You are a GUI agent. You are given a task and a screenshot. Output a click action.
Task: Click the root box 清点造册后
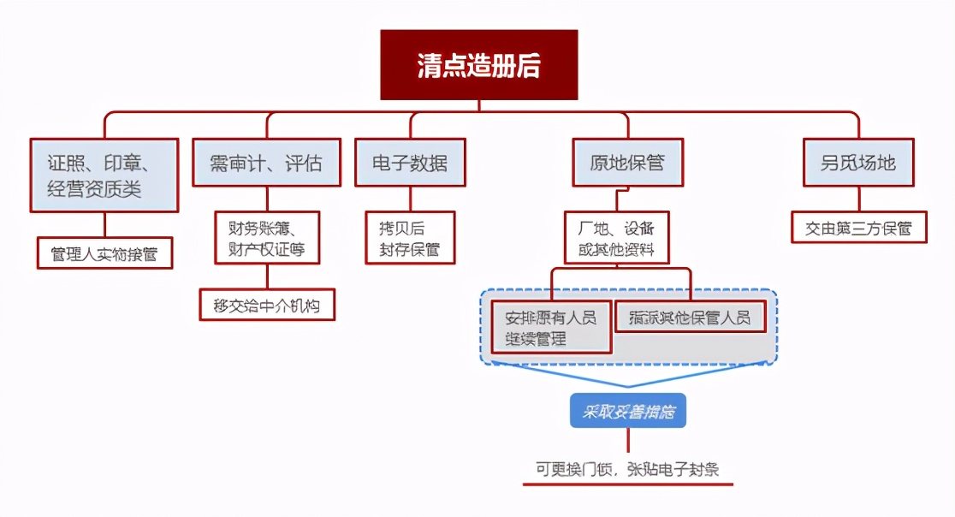tap(479, 65)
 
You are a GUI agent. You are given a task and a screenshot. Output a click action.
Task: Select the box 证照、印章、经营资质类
tap(104, 175)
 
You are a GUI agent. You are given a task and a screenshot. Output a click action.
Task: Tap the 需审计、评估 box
tap(266, 163)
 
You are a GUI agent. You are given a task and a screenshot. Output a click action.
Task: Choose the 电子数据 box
tap(410, 163)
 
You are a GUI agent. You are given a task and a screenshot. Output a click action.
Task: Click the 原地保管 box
tap(627, 163)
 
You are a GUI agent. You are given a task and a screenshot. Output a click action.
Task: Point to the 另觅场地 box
tap(858, 163)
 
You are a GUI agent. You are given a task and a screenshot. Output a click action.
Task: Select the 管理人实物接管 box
tap(104, 254)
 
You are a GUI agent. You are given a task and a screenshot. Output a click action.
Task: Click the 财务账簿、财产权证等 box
tap(267, 238)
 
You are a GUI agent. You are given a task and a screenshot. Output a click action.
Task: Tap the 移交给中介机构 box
tap(267, 305)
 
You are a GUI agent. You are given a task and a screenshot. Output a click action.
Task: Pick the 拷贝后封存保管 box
tap(410, 238)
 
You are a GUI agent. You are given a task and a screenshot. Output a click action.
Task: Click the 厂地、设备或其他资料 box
tap(616, 238)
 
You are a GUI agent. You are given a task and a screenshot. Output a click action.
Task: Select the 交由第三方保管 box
tap(858, 229)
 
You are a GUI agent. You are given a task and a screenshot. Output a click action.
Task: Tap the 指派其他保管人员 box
tap(689, 318)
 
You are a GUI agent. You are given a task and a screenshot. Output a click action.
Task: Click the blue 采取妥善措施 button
tap(628, 412)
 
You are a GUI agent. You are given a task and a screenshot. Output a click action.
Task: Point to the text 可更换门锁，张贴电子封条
tap(628, 469)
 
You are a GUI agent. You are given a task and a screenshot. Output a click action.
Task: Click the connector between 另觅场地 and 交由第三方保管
tap(858, 199)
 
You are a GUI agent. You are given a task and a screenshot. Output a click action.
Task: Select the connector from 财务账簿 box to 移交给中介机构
tap(267, 276)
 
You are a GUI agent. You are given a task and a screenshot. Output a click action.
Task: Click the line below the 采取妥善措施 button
tap(628, 440)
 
